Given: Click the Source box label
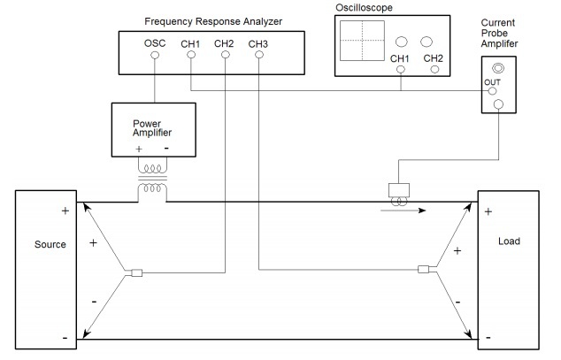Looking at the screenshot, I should [x=50, y=244].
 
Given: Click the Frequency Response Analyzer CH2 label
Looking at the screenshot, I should [x=224, y=43].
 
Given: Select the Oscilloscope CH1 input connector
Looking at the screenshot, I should [x=402, y=68].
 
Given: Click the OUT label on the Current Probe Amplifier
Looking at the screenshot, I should [x=493, y=83].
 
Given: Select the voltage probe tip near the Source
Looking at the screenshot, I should [x=135, y=272].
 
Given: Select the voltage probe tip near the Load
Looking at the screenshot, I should [x=424, y=271].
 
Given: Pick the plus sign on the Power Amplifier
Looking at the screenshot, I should [x=139, y=149].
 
